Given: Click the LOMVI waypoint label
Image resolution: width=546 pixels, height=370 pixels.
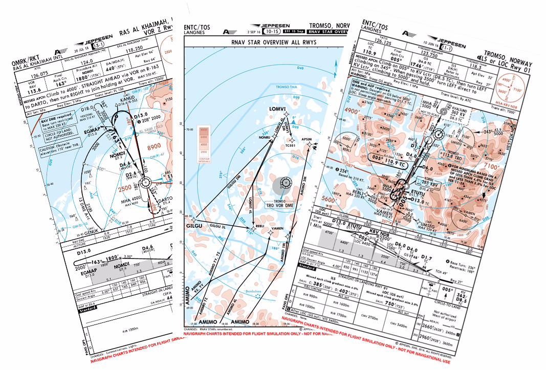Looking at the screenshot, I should click(x=276, y=109).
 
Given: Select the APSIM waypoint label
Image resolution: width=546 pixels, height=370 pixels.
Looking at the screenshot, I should click(x=307, y=139).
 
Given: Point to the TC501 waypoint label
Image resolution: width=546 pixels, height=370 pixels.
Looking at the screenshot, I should click(x=291, y=146).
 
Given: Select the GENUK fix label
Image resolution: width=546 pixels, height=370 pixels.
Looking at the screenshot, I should click(x=91, y=232).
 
